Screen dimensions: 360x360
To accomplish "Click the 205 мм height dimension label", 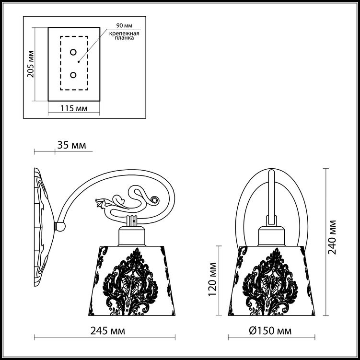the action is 31,64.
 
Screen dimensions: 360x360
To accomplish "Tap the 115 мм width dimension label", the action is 74,108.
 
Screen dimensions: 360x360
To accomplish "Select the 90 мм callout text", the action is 124,25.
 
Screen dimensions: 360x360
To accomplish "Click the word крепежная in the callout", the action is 124,34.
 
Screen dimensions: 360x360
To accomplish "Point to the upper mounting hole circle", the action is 73,52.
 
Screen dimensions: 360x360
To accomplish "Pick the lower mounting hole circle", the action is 73,75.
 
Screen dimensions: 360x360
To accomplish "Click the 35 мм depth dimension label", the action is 71,145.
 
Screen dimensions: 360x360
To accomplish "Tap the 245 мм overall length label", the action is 108,331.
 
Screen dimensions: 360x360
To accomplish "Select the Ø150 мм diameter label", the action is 270,331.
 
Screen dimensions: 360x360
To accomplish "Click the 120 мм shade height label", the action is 213,279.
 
